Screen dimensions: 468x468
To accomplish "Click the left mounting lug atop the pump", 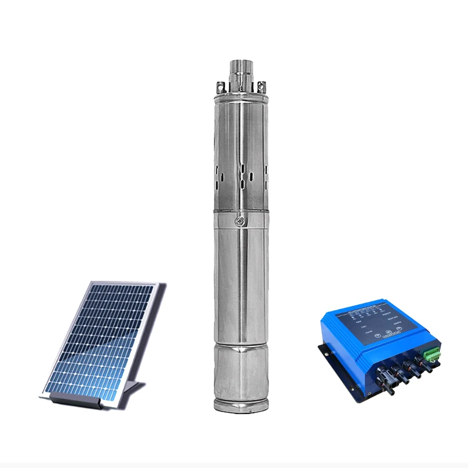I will (220, 87).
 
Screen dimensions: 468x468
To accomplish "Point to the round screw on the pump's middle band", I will (239, 221).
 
